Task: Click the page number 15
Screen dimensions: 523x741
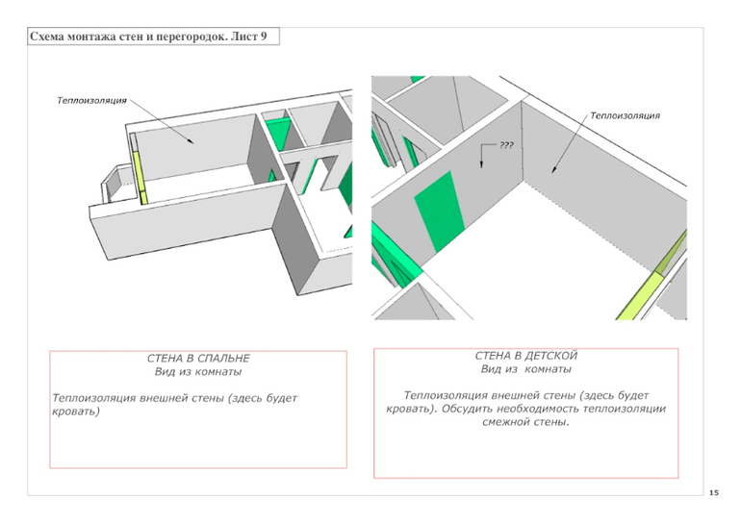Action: coord(713,492)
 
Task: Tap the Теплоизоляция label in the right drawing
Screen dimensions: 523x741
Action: coord(625,115)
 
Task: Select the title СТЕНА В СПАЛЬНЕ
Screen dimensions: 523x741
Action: coord(198,359)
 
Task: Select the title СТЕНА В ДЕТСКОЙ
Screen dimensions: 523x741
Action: coord(525,356)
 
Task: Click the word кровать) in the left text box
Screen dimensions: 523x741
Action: coord(76,411)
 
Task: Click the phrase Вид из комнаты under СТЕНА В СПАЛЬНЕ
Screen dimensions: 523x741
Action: coord(198,371)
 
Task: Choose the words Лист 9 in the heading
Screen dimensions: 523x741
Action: coord(255,37)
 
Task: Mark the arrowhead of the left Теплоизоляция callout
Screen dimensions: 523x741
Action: coord(195,144)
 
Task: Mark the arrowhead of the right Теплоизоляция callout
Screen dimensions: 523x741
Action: coord(552,173)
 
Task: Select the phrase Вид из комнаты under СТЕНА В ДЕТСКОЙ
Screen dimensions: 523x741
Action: coord(525,369)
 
